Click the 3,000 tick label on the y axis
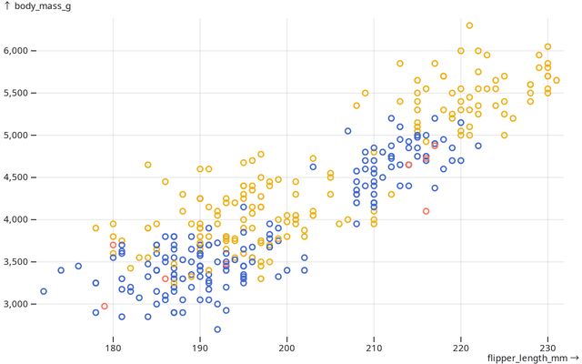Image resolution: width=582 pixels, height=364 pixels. pos(18,304)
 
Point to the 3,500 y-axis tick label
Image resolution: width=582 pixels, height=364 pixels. pos(18,262)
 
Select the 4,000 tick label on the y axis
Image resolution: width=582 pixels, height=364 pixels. pos(18,219)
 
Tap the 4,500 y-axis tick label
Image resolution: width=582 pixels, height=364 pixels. pos(18,177)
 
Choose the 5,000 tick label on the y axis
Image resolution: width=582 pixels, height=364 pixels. pos(18,135)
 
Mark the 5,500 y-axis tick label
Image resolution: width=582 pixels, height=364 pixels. pos(18,93)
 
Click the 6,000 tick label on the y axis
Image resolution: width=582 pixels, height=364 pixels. pos(18,51)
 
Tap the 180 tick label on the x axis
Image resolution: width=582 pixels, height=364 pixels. pos(113,347)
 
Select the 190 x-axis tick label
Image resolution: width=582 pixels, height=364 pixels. pos(200,347)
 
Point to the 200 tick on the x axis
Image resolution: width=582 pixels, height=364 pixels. pos(286,347)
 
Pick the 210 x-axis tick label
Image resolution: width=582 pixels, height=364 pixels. pos(374,347)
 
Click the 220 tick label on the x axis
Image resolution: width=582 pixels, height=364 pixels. pos(461,347)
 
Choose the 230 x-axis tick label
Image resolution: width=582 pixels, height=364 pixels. pos(548,347)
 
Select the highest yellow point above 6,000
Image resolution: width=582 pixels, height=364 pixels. pos(469,25)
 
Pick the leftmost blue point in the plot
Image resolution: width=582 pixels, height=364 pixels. pos(44,291)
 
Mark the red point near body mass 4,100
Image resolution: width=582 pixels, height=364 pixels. pos(426,211)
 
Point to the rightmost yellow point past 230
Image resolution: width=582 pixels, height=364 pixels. pos(557,80)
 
